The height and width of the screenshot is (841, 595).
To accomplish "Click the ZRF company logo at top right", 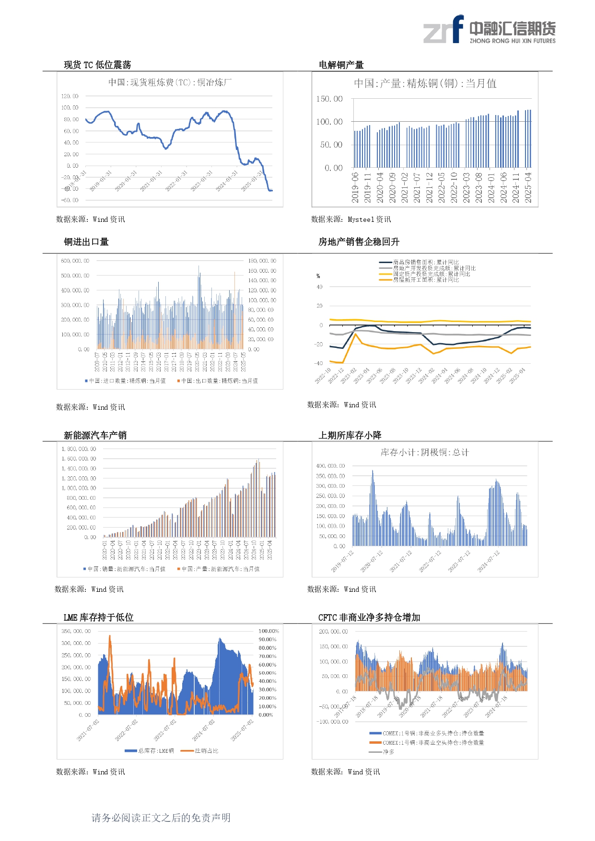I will point(489,30).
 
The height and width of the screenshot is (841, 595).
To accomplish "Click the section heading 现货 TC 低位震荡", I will point(97,65).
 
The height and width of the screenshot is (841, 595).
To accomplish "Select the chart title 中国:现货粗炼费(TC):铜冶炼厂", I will point(170,82).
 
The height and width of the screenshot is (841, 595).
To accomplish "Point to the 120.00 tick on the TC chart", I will point(70,96).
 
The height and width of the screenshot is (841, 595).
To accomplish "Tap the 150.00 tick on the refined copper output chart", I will point(329,99).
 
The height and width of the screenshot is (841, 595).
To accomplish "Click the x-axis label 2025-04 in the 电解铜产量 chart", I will point(528,188).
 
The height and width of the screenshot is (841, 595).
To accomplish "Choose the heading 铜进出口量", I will point(86,242).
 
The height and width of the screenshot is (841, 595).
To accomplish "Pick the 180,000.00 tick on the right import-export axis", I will point(262,261).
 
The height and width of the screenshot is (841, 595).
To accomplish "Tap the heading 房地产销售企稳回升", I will point(359,242).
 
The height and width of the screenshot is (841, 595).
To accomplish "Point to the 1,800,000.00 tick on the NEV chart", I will point(79,449).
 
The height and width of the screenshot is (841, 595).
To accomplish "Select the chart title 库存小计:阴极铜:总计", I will point(424,452).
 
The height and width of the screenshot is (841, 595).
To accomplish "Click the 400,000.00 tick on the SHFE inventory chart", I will point(330,466).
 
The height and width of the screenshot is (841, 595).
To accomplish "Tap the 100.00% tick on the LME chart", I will point(268,632).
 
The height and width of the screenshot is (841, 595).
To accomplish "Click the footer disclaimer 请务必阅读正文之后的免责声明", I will point(161,818).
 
